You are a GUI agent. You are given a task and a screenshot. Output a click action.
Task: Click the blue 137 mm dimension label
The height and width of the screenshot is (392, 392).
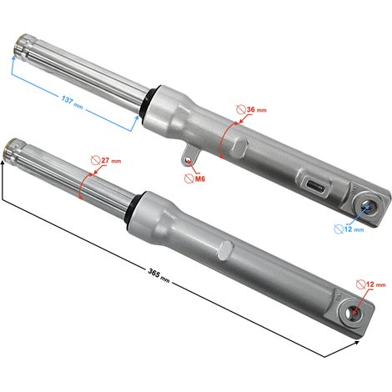click(x=72, y=103)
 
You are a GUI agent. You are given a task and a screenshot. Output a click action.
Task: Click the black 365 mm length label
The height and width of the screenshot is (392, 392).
click(x=158, y=275)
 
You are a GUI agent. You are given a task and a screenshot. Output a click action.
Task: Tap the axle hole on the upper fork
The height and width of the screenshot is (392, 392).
click(x=369, y=208)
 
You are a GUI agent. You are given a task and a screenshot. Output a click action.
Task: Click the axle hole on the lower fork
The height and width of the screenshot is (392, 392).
click(x=352, y=314)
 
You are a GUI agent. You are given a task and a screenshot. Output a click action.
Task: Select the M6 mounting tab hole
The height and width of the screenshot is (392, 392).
click(x=188, y=161)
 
